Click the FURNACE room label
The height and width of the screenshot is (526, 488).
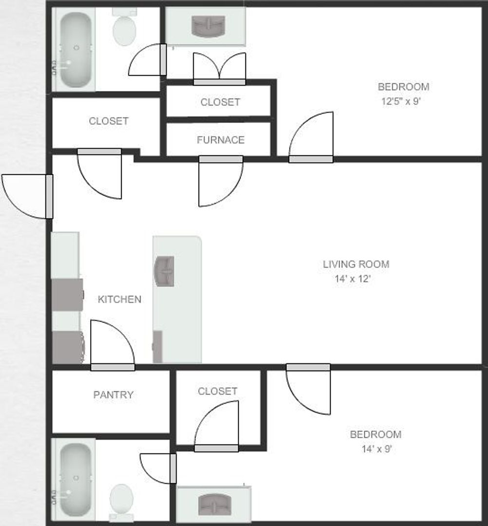pyautogui.click(x=220, y=140)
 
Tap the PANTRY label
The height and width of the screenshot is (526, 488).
pyautogui.click(x=113, y=395)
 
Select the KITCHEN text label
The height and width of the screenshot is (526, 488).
pyautogui.click(x=119, y=300)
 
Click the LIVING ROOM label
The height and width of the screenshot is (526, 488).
pyautogui.click(x=356, y=264)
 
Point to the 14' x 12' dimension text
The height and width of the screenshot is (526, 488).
pyautogui.click(x=353, y=280)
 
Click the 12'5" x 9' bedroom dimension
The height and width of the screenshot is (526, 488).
pyautogui.click(x=404, y=102)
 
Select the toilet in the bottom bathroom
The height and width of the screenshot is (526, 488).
pyautogui.click(x=121, y=501)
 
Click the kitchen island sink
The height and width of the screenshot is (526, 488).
pyautogui.click(x=165, y=271)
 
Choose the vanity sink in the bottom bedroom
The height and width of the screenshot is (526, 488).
pyautogui.click(x=213, y=504)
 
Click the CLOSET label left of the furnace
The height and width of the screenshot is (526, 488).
pyautogui.click(x=109, y=121)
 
